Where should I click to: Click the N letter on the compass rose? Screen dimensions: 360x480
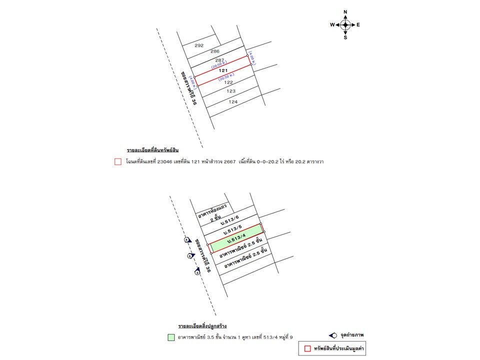pos(345,11)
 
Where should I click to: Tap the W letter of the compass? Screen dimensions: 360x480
pos(332,24)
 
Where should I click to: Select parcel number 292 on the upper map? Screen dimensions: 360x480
pos(199,45)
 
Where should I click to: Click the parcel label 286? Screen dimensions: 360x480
pos(215,51)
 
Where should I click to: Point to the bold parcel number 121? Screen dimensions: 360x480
pos(223,71)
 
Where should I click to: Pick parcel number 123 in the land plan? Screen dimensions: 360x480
pos(231,91)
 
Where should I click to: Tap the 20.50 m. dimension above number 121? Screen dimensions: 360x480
pos(220,64)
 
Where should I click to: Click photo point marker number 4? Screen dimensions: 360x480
pos(187,240)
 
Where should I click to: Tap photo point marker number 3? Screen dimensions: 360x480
pos(197,272)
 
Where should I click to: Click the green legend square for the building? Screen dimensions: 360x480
pos(171,337)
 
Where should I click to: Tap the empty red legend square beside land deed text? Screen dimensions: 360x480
pos(118,161)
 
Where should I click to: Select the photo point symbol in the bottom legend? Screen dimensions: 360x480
pos(332,335)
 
